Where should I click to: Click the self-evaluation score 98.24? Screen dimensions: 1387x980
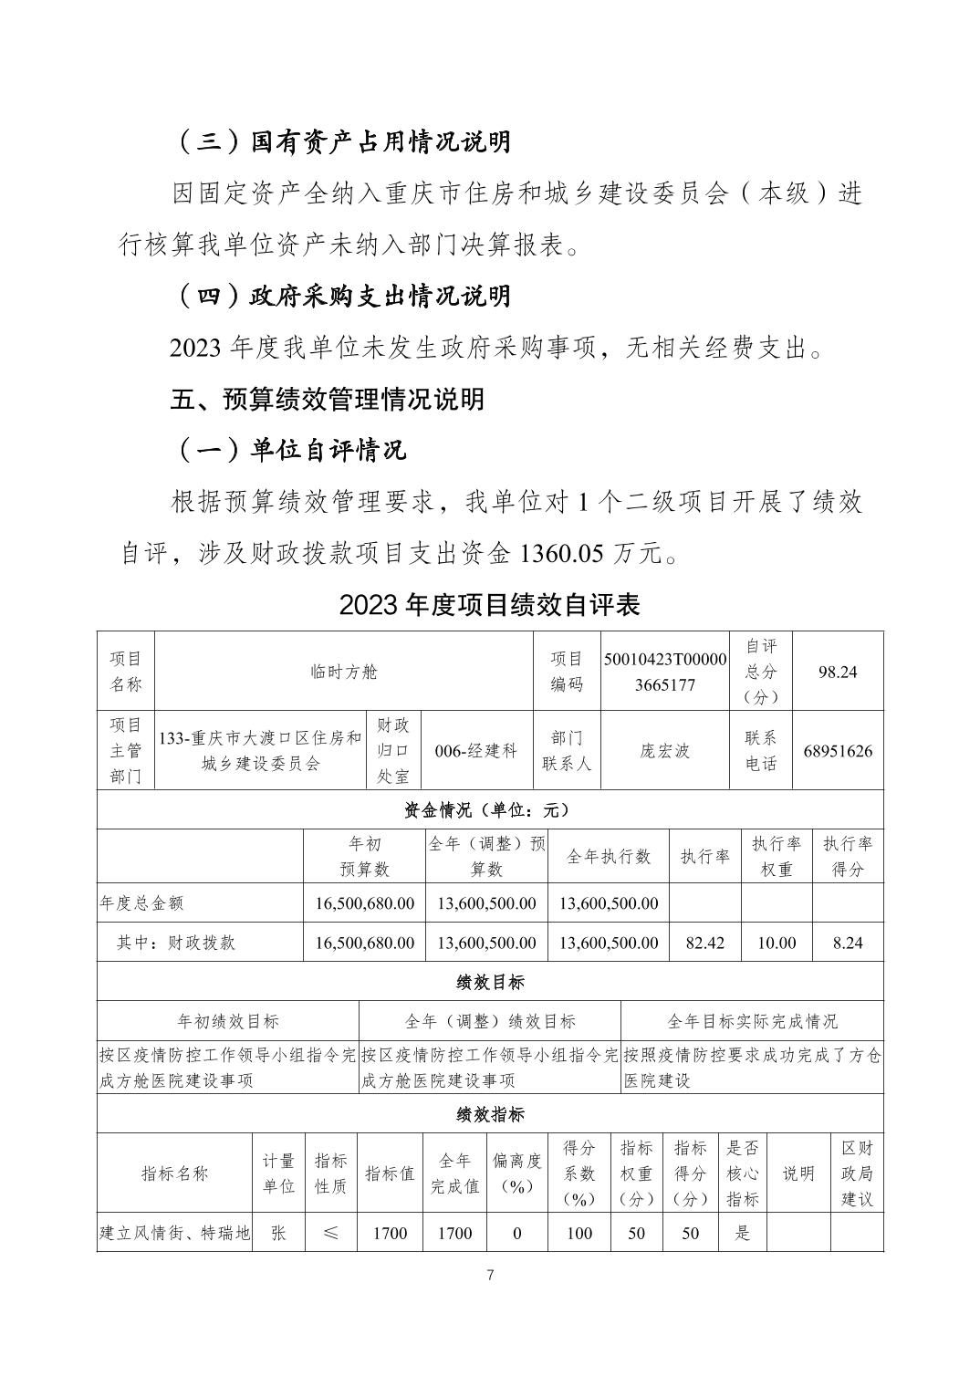point(837,672)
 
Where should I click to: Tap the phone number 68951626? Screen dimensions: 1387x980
point(837,751)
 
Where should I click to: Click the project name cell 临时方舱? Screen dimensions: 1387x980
point(343,672)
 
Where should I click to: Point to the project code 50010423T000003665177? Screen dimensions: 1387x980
point(665,672)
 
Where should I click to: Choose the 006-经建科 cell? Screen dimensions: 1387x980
point(476,751)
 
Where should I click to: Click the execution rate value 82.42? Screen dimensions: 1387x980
point(704,943)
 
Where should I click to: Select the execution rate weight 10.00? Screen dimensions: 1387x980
point(776,943)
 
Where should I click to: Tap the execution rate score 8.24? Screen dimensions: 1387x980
point(847,943)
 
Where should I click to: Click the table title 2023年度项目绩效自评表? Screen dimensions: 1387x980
point(489,604)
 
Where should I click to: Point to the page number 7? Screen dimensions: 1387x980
point(490,1275)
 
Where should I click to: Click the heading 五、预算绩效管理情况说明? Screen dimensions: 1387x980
point(327,399)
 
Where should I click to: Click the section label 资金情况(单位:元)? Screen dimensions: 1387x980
point(489,809)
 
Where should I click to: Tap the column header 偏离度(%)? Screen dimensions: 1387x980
point(516,1173)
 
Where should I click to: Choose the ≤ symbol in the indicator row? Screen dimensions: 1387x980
point(329,1233)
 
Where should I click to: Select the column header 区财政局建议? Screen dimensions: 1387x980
point(856,1173)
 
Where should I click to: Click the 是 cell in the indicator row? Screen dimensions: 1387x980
point(742,1233)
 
